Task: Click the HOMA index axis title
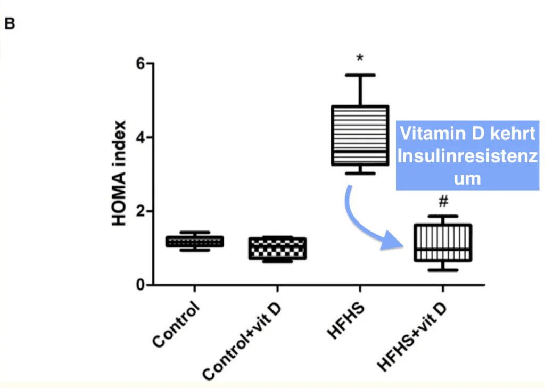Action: pos(119,174)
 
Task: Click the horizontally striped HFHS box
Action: pos(360,135)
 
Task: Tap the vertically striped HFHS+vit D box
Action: pos(443,242)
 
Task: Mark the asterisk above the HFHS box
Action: pos(360,58)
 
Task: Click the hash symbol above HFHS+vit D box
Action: pos(443,202)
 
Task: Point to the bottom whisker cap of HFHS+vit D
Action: pos(443,270)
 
